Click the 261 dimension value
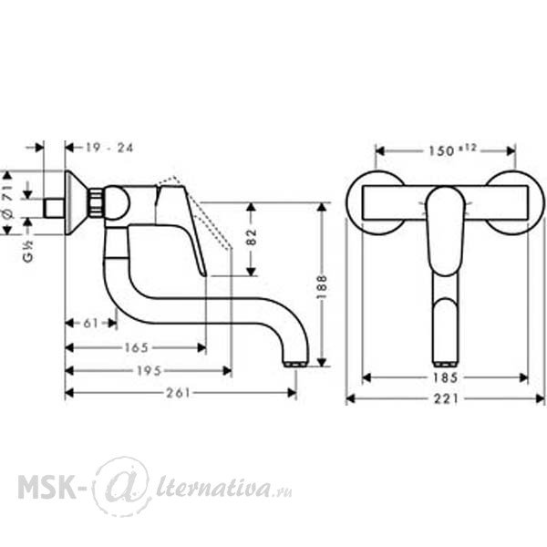click(x=178, y=393)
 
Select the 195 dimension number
click(x=149, y=371)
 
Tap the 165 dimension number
click(x=137, y=347)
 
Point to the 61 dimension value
click(x=91, y=324)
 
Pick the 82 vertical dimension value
click(x=252, y=237)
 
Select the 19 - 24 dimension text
click(x=109, y=148)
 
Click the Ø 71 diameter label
click(x=7, y=202)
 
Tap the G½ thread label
click(x=28, y=252)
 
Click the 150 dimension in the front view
click(x=452, y=150)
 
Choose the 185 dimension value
click(x=445, y=377)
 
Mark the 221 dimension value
click(x=446, y=398)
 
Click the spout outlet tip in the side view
click(x=295, y=364)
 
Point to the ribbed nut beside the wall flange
click(x=97, y=203)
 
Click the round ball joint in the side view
click(x=117, y=203)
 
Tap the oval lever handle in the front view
click(x=445, y=231)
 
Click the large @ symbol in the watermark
click(x=121, y=486)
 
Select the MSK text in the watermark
click(x=46, y=487)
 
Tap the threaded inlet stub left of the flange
click(x=54, y=208)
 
